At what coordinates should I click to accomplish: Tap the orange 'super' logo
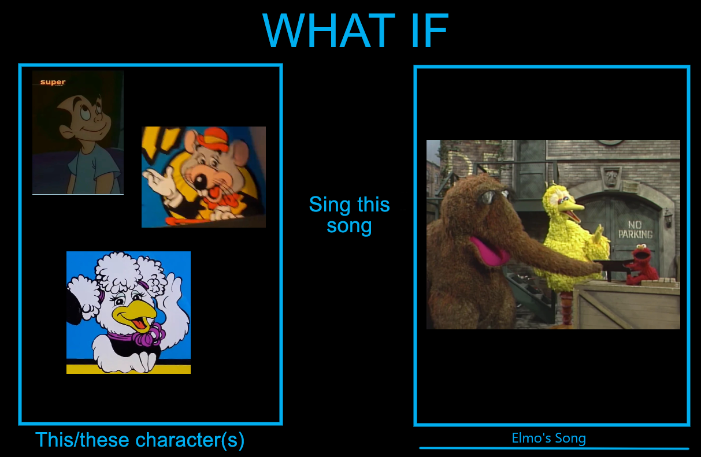(x=53, y=82)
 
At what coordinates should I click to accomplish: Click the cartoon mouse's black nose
(x=199, y=181)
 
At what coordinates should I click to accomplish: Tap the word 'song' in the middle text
(x=349, y=226)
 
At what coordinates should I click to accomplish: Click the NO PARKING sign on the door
(x=635, y=230)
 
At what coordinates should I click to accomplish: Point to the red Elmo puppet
(x=641, y=264)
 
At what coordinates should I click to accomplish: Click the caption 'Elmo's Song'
(x=549, y=438)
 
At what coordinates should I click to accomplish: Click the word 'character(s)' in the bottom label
(x=190, y=440)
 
